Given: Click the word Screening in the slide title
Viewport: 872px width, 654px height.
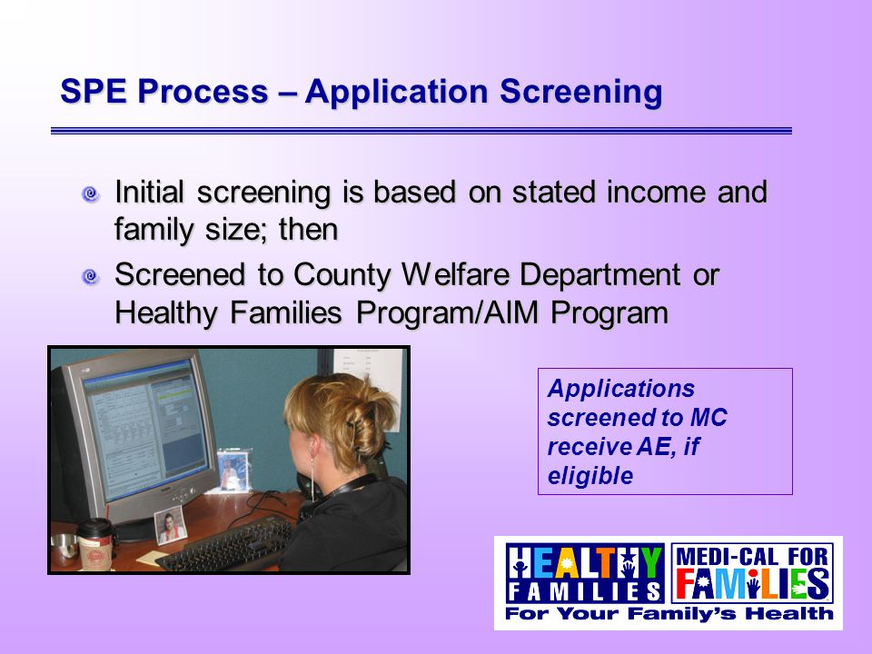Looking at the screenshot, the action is [x=581, y=93].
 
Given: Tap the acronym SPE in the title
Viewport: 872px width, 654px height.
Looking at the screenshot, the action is [x=94, y=91].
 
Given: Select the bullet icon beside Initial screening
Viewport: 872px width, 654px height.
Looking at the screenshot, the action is [x=90, y=194].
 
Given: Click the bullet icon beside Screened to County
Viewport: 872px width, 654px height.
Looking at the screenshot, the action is [x=90, y=276].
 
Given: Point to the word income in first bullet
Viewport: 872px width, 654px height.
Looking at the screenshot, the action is [x=656, y=192].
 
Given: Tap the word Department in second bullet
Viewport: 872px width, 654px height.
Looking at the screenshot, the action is [x=600, y=276].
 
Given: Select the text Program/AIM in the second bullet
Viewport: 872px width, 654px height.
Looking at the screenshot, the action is [x=448, y=313].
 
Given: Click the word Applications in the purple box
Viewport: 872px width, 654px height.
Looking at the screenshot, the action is [x=621, y=389].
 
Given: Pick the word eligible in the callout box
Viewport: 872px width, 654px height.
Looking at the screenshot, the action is [x=590, y=476].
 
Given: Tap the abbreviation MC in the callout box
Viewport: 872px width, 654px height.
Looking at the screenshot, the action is [x=708, y=418].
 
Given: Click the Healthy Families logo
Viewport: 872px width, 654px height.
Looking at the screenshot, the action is [x=585, y=573].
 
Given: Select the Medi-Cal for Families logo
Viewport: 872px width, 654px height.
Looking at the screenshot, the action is [x=752, y=573].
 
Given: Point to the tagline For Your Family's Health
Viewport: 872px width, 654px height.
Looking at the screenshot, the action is [x=669, y=614].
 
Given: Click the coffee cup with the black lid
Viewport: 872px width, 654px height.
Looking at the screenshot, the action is [x=95, y=544].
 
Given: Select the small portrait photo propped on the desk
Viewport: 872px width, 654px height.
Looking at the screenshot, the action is [x=170, y=525].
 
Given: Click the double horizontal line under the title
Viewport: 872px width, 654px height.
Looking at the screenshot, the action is [x=421, y=131].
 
